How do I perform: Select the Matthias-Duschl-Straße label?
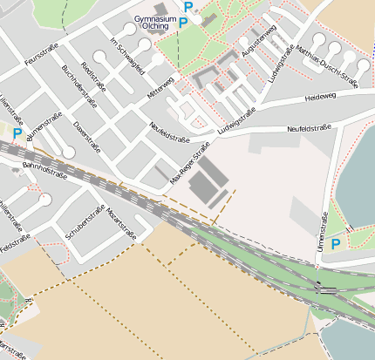(x=327, y=65)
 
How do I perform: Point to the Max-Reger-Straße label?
(x=189, y=163)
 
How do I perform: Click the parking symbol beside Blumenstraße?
(x=17, y=134)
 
